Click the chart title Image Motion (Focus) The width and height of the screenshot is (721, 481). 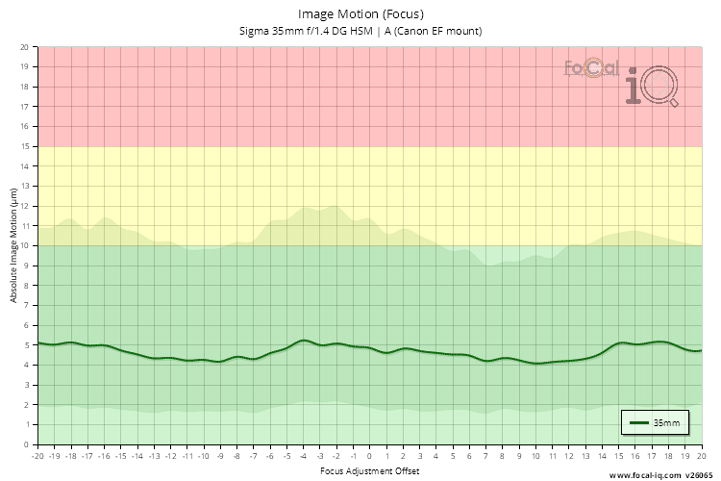click(360, 14)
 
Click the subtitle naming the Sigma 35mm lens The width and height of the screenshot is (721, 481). click(360, 31)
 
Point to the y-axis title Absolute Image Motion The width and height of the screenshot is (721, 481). click(13, 245)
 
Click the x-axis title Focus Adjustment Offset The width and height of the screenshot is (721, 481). click(370, 472)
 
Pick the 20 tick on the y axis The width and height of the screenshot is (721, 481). click(25, 46)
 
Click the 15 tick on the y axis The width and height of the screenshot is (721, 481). click(25, 146)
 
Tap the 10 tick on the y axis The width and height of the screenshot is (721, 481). click(25, 245)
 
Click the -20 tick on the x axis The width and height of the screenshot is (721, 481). click(38, 456)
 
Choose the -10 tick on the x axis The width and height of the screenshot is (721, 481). click(204, 456)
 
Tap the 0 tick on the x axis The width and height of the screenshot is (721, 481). click(370, 456)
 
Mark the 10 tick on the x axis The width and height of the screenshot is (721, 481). click(535, 456)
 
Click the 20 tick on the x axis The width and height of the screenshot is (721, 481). click(701, 456)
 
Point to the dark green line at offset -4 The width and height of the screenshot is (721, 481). click(304, 340)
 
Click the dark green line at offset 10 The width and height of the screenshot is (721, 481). click(535, 364)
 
